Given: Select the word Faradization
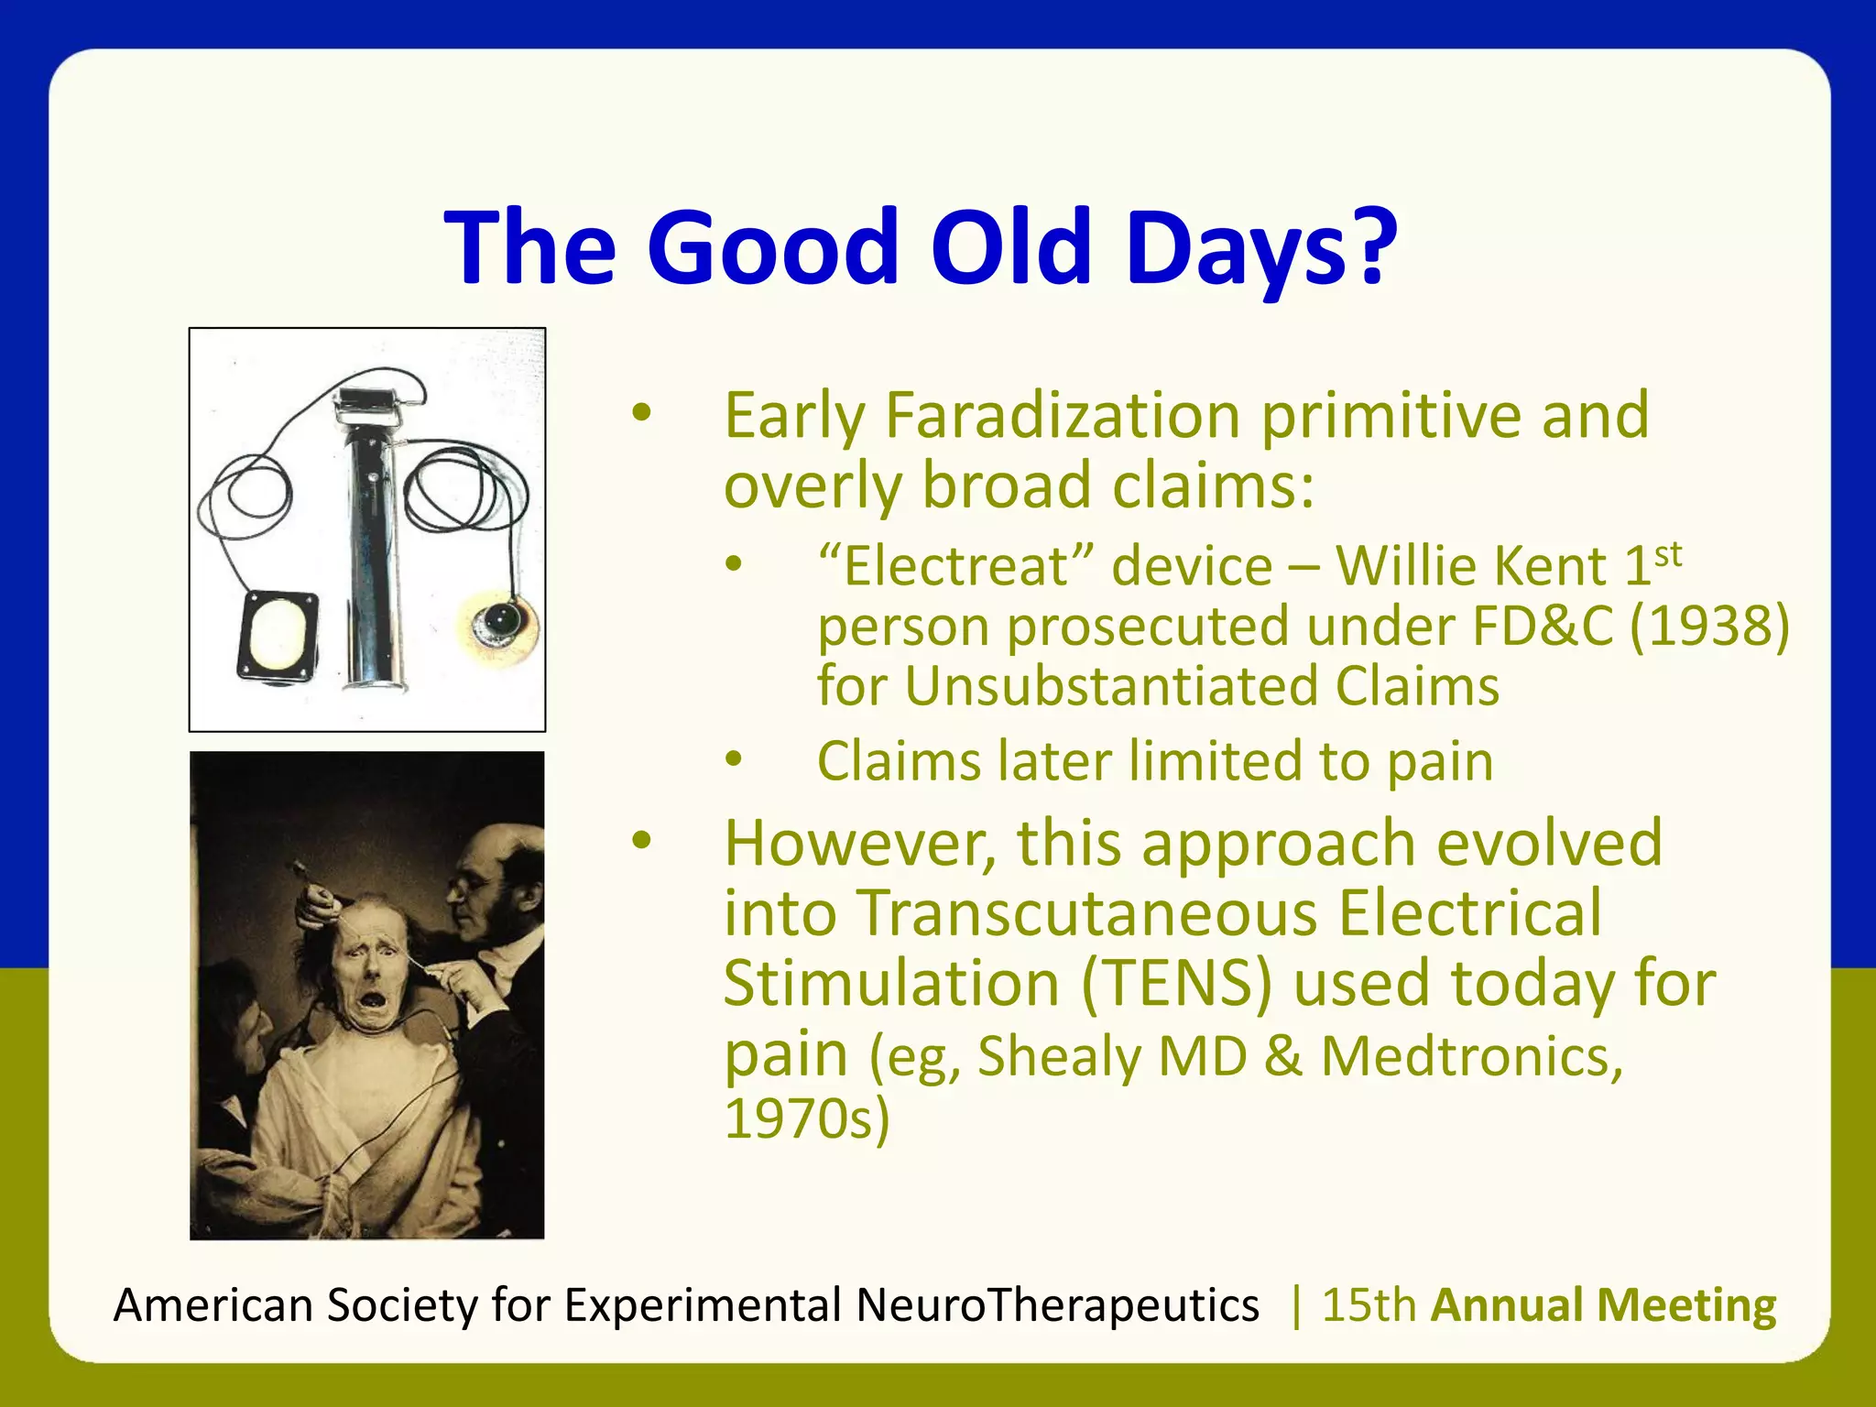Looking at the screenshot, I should click(x=1063, y=416).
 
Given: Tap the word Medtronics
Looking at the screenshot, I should click(x=1471, y=1056).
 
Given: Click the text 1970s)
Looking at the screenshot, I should click(x=806, y=1119).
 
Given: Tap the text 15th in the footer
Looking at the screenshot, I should click(x=1369, y=1304).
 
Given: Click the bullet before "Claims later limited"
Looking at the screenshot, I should click(x=733, y=759).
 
